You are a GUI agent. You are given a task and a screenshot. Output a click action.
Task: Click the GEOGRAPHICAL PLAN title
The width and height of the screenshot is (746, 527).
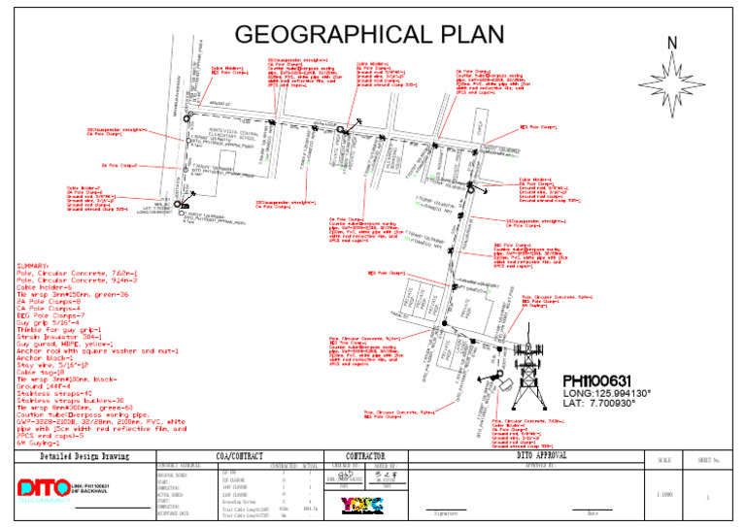click(369, 34)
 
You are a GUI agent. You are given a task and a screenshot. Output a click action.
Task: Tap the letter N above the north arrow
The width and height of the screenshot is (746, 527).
click(672, 43)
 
